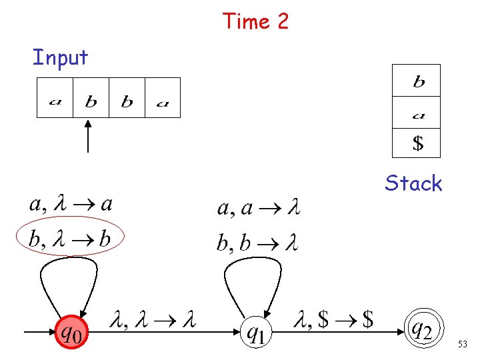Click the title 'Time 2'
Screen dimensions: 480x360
pyautogui.click(x=256, y=21)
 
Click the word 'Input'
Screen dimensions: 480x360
pyautogui.click(x=61, y=57)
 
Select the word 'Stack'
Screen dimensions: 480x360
pyautogui.click(x=413, y=183)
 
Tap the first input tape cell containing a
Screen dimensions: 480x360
pyautogui.click(x=55, y=98)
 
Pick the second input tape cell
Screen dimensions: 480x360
pyautogui.click(x=91, y=98)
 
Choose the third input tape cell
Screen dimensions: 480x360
pyautogui.click(x=127, y=98)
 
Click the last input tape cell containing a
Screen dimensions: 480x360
pyautogui.click(x=163, y=98)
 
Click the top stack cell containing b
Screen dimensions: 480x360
pyautogui.click(x=417, y=81)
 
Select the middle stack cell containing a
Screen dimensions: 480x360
pyautogui.click(x=417, y=112)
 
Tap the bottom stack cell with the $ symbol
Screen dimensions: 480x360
pyautogui.click(x=417, y=143)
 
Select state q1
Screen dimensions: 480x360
pyautogui.click(x=255, y=331)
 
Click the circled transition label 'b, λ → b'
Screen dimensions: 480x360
pyautogui.click(x=70, y=239)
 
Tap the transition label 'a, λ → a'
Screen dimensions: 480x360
pyautogui.click(x=70, y=205)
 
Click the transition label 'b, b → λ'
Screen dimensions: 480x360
pyautogui.click(x=257, y=243)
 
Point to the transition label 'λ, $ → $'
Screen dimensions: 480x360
pyautogui.click(x=333, y=321)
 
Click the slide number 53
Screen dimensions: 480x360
pyautogui.click(x=462, y=345)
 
